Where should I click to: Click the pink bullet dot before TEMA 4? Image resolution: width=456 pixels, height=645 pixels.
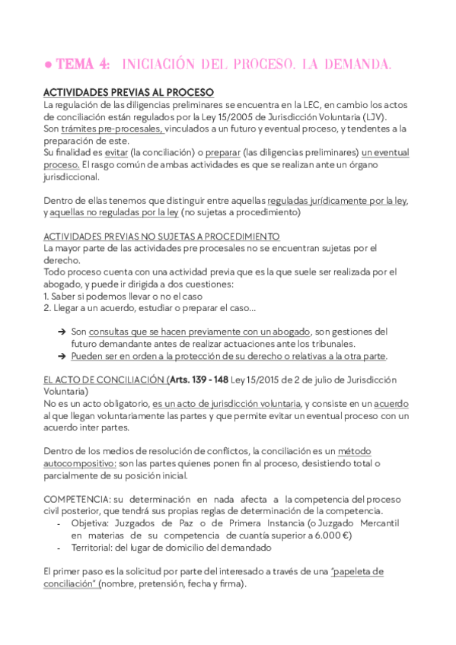click(47, 67)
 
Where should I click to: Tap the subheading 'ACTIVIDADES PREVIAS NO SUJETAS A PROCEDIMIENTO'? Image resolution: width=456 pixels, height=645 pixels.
click(161, 237)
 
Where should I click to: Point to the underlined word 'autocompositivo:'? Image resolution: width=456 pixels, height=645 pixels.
click(80, 463)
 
